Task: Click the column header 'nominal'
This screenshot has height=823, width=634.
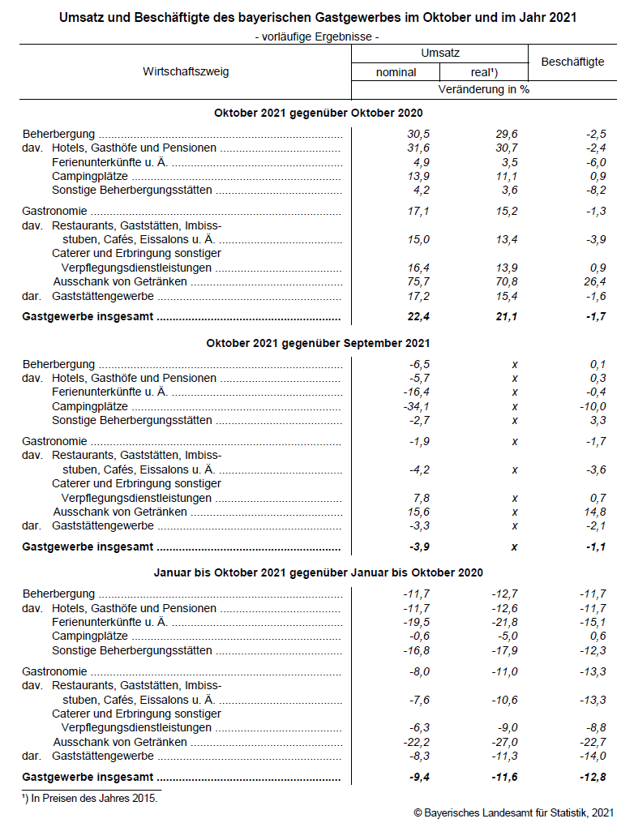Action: tap(396, 72)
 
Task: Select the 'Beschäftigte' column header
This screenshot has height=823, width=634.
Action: tap(572, 62)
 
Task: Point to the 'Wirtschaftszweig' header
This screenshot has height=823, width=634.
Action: tap(186, 71)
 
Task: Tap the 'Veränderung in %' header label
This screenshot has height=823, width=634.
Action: tap(484, 89)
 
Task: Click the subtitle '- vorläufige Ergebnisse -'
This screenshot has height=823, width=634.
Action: tap(317, 36)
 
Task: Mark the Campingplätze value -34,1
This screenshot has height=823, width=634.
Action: tap(417, 406)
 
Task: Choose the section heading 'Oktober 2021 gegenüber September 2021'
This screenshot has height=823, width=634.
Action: tap(318, 344)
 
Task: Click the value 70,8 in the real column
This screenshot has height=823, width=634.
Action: tap(505, 281)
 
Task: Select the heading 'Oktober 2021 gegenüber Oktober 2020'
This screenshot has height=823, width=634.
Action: tap(318, 114)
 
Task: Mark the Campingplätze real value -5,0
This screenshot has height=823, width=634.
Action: tap(505, 636)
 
